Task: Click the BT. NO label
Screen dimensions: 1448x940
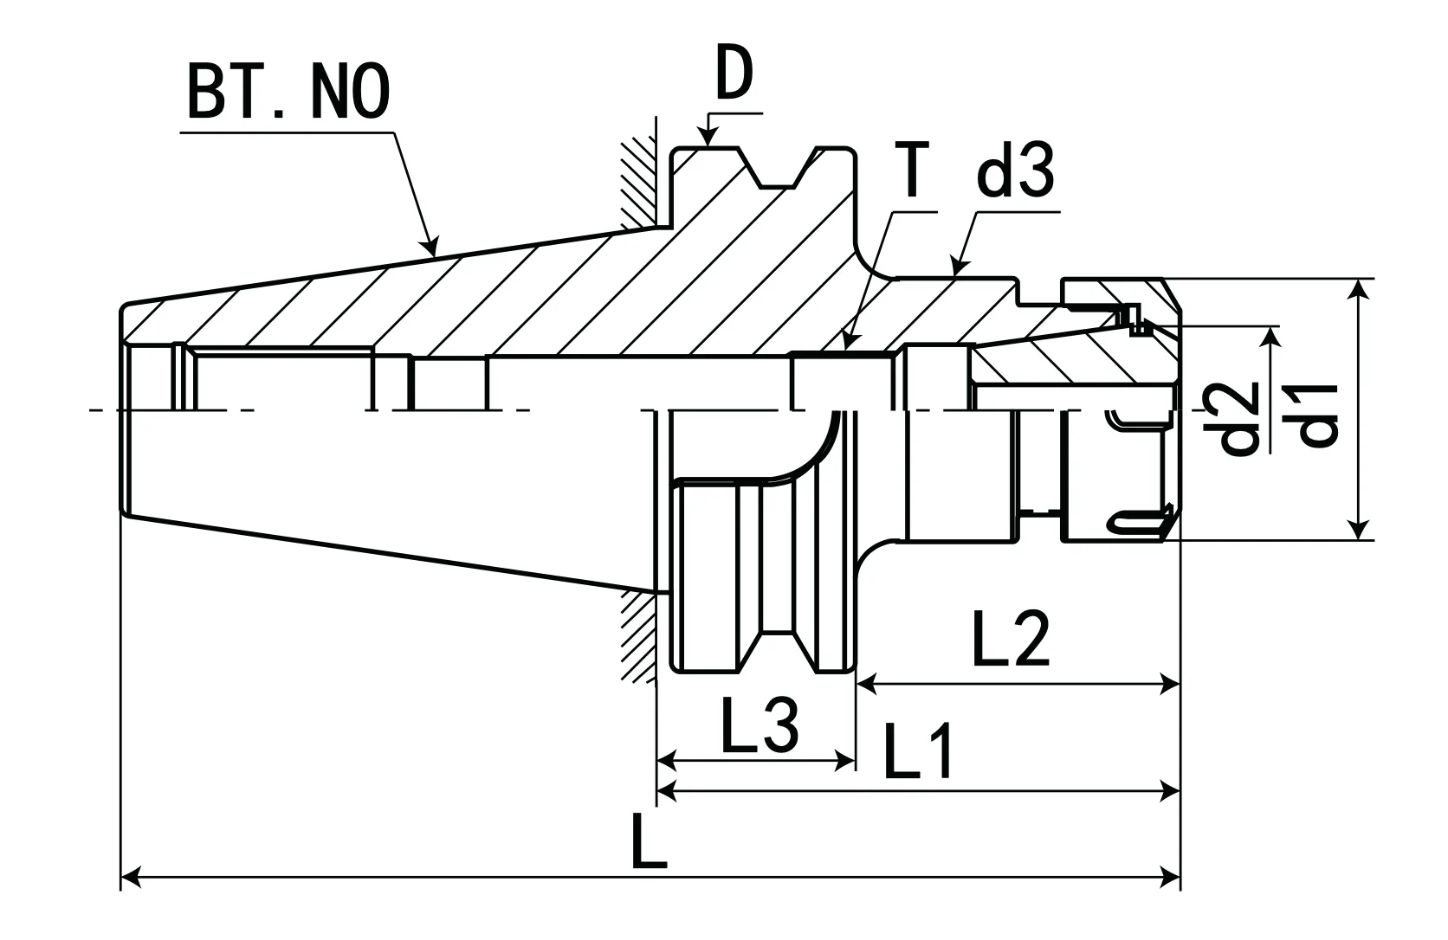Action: (288, 93)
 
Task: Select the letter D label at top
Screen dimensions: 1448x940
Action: (734, 76)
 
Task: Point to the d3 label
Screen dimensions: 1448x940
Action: (1015, 171)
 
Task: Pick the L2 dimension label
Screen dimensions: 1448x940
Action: (1011, 639)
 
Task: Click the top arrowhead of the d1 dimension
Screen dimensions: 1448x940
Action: (1361, 289)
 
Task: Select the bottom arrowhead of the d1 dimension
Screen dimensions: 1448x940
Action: (1361, 530)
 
